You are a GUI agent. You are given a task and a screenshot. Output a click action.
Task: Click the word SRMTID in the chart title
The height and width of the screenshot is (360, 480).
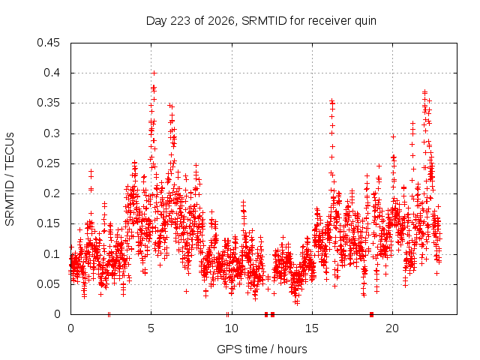click(264, 21)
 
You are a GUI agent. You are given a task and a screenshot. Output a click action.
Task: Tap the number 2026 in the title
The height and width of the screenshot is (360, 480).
click(221, 21)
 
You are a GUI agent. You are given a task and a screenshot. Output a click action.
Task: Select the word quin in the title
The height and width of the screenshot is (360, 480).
click(365, 22)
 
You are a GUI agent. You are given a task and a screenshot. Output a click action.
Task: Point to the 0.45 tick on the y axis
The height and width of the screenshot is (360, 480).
click(48, 43)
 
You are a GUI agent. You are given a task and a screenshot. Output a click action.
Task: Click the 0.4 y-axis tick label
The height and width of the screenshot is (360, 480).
click(52, 73)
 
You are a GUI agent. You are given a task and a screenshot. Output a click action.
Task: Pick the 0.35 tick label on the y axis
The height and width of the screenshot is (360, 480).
click(48, 103)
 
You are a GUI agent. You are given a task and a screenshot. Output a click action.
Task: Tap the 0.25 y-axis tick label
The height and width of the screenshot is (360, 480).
click(48, 163)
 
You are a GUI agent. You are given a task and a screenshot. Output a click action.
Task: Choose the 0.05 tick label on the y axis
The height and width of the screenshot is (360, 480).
click(48, 284)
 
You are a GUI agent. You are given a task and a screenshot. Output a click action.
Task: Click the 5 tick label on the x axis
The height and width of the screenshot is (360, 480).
click(151, 328)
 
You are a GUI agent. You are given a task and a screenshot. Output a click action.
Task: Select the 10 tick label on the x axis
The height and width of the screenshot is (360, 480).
click(232, 328)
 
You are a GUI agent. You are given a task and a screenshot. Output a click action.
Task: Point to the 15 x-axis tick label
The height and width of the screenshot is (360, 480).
click(312, 328)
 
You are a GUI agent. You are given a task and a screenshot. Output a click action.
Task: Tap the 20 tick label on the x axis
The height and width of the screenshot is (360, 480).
click(392, 328)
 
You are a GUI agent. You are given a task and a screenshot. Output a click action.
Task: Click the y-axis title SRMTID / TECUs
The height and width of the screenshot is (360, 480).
click(10, 179)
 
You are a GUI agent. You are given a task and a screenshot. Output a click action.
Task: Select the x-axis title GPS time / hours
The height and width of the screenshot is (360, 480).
click(262, 349)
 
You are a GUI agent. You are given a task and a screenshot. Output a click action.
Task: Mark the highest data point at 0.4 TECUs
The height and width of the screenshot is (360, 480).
click(154, 73)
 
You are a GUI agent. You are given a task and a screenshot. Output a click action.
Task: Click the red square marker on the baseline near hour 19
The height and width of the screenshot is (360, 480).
click(372, 314)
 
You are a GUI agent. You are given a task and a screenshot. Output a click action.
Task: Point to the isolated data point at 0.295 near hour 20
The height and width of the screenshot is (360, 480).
click(393, 136)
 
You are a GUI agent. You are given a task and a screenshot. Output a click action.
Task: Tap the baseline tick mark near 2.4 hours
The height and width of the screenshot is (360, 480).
click(109, 314)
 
